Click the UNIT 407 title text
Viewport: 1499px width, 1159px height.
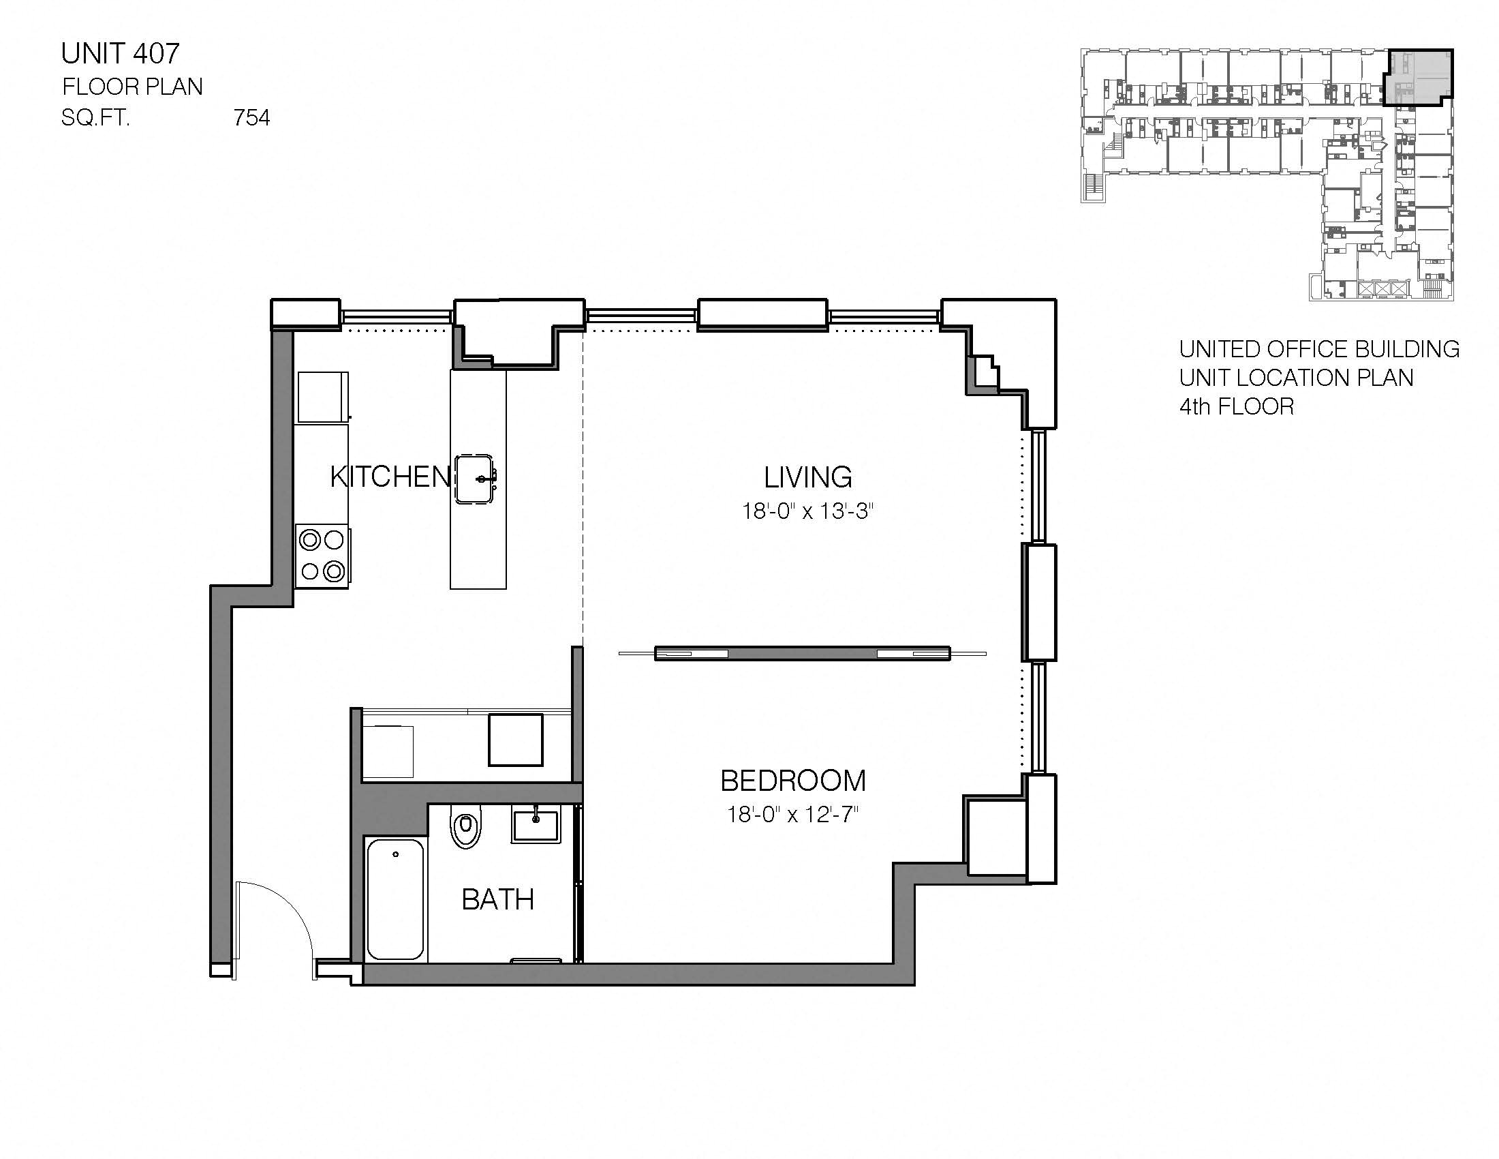[120, 54]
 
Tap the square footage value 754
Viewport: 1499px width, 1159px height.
[251, 118]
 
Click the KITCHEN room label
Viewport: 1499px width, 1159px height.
[389, 477]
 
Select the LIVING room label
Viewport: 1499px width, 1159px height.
[808, 477]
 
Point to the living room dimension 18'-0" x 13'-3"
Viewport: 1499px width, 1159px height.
[807, 511]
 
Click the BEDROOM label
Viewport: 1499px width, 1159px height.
[792, 781]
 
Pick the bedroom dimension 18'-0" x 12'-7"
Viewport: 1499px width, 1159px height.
[792, 815]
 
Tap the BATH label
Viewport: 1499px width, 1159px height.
[497, 900]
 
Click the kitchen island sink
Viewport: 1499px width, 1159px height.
[475, 479]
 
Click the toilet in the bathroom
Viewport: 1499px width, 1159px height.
[467, 829]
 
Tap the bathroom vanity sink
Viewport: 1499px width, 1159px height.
[536, 824]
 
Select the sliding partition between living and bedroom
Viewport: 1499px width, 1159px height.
[802, 654]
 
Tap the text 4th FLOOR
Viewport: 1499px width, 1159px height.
[1236, 407]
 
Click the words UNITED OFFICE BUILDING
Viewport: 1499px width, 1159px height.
[1318, 350]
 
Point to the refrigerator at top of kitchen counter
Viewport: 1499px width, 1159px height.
[322, 397]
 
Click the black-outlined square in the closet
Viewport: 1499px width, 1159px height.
[514, 740]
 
